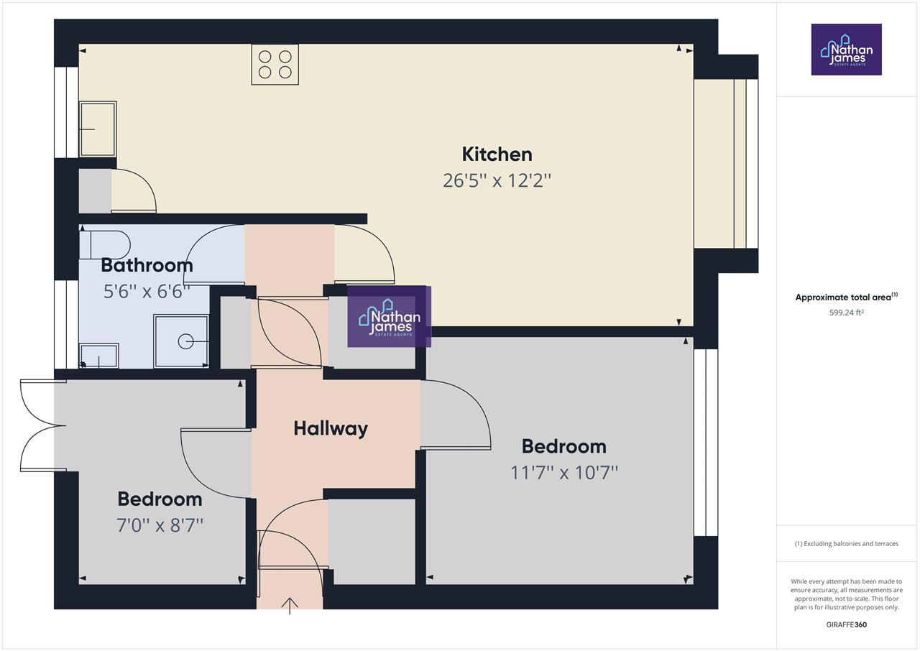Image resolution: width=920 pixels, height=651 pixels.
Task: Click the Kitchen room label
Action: [x=497, y=154]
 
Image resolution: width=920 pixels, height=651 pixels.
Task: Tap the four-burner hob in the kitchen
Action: [x=275, y=65]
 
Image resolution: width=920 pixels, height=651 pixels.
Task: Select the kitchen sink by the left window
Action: [x=98, y=129]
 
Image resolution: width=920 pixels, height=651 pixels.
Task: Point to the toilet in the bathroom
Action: [x=105, y=244]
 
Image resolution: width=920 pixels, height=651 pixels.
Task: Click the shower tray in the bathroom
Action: [x=181, y=341]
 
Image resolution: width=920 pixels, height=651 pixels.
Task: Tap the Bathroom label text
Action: [x=147, y=265]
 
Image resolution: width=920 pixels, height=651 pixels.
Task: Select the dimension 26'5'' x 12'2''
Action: [x=497, y=180]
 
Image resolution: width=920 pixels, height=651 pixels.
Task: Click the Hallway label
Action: [x=331, y=428]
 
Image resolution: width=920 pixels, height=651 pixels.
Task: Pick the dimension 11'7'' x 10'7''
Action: [x=564, y=472]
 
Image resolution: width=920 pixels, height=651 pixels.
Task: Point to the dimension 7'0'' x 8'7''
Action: [x=160, y=525]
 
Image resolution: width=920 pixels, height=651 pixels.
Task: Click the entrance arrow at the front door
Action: [x=290, y=605]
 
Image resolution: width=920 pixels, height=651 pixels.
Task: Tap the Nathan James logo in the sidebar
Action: [x=846, y=50]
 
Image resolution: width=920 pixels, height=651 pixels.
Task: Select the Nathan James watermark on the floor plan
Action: [x=389, y=317]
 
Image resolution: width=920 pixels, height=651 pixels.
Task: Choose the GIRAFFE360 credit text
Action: [x=846, y=624]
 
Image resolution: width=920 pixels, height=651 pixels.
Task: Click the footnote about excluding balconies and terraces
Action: [x=846, y=544]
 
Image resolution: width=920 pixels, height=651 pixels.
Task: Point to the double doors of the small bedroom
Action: [x=40, y=425]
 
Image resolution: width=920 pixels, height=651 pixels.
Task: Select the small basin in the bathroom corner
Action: [x=98, y=356]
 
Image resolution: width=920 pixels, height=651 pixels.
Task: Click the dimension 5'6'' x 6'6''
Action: [x=147, y=292]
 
